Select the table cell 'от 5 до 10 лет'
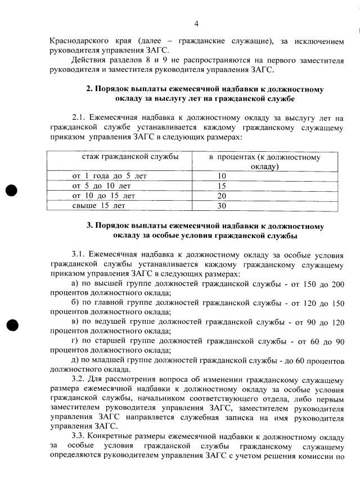101,186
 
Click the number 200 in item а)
337,283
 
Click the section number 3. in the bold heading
89,226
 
